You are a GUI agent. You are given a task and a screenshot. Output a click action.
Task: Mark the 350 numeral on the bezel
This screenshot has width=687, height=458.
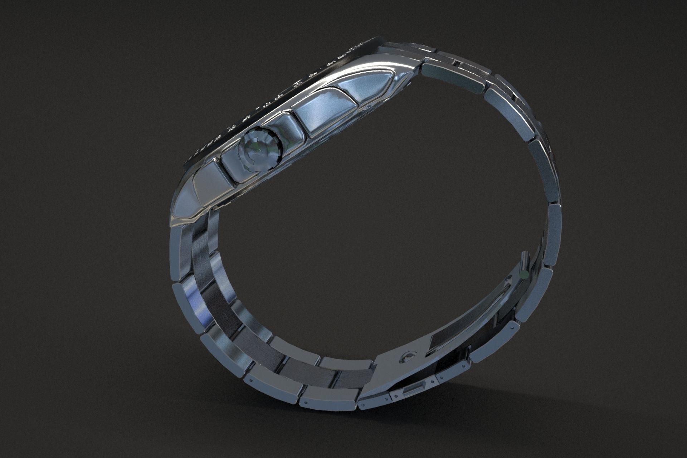click(298, 84)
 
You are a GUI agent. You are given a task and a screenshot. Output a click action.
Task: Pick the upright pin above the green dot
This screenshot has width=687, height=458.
click(524, 260)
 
